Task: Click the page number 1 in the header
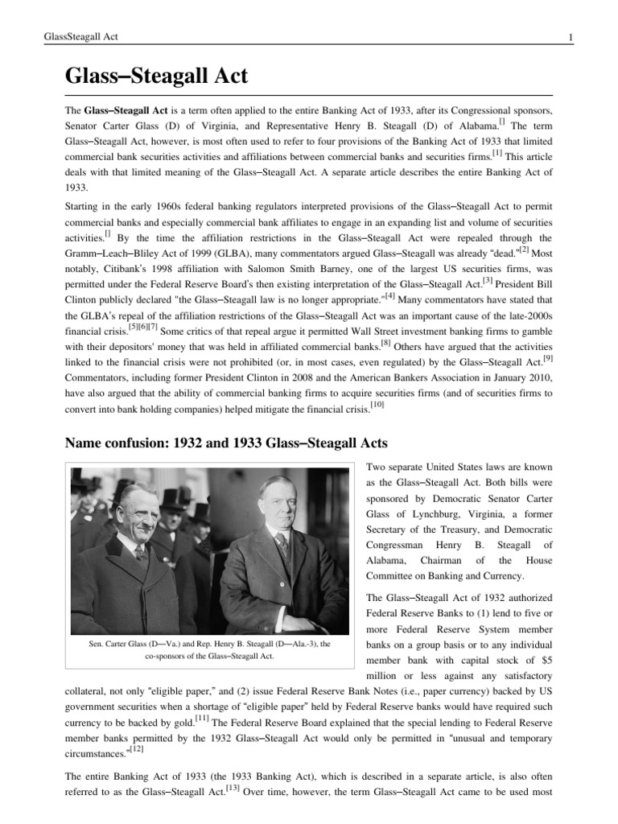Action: (570, 38)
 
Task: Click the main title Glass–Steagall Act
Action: (156, 77)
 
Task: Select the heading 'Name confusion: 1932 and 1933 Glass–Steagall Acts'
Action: (226, 443)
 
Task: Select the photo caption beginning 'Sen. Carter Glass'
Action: (209, 649)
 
